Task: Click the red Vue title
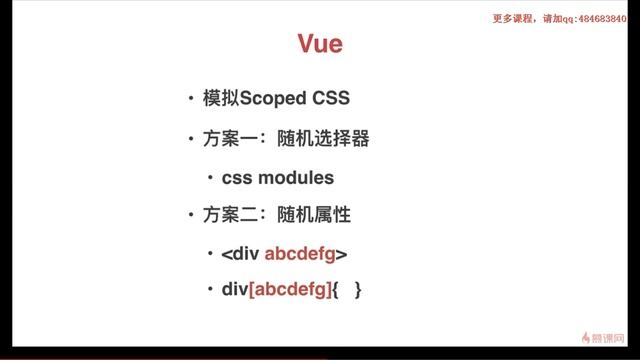click(320, 44)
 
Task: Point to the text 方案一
click(227, 138)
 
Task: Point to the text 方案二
click(227, 215)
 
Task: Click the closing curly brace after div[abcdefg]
click(356, 291)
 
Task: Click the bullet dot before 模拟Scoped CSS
click(190, 99)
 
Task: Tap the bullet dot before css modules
click(211, 177)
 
